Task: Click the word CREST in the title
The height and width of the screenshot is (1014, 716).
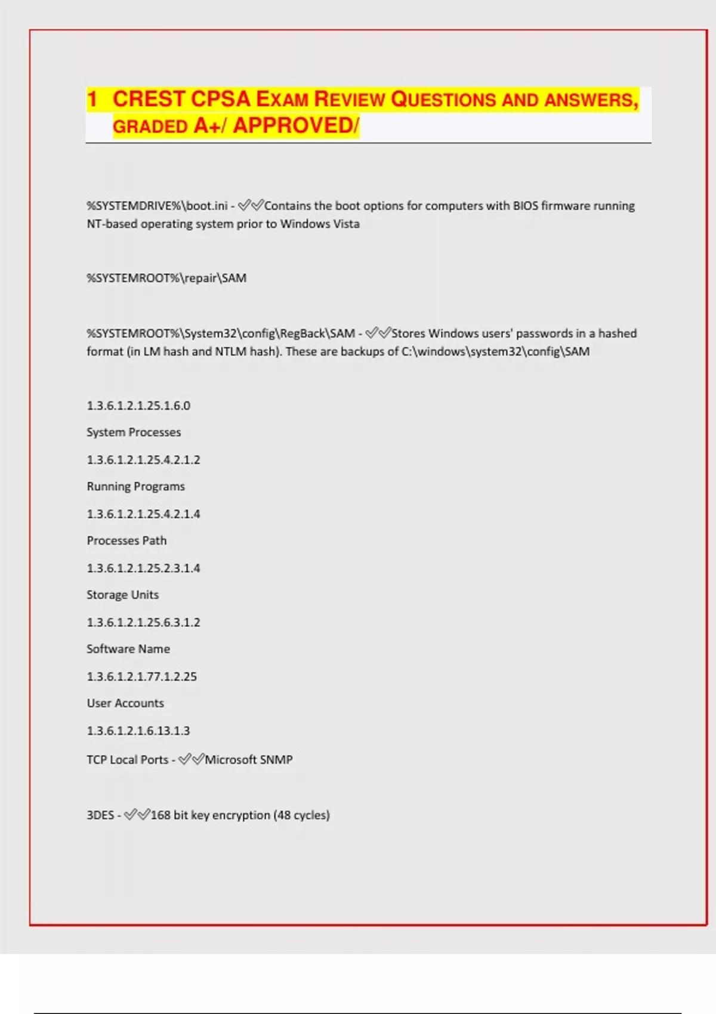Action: pos(149,99)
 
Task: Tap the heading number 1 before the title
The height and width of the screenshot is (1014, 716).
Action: pos(92,99)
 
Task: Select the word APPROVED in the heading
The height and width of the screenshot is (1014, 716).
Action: pos(293,126)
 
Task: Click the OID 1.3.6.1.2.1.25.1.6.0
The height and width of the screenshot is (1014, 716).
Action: pos(138,406)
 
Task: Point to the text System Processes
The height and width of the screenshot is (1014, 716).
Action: pos(134,432)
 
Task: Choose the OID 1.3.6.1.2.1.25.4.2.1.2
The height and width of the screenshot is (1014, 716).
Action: pos(143,460)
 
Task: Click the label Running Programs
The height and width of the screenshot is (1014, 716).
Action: pos(136,487)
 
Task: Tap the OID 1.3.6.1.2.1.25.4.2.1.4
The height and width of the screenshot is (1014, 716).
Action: pos(143,514)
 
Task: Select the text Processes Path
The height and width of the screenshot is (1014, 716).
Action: pos(126,541)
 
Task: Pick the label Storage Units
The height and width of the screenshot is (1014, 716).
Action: pos(122,595)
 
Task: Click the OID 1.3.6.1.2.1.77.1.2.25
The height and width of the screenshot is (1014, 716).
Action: pos(141,676)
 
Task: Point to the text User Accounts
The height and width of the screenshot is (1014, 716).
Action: pos(125,703)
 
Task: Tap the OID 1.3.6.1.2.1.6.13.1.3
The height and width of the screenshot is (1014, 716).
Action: pos(138,731)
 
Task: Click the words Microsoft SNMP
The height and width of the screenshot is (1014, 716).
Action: pos(249,760)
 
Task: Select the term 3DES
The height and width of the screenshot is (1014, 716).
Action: pos(100,815)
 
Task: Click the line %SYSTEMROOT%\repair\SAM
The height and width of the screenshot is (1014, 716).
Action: pos(166,278)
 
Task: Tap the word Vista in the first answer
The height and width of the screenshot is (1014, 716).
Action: pos(346,224)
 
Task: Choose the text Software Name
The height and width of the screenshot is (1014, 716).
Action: pos(128,649)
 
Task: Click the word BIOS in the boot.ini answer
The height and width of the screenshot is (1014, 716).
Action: pos(525,206)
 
